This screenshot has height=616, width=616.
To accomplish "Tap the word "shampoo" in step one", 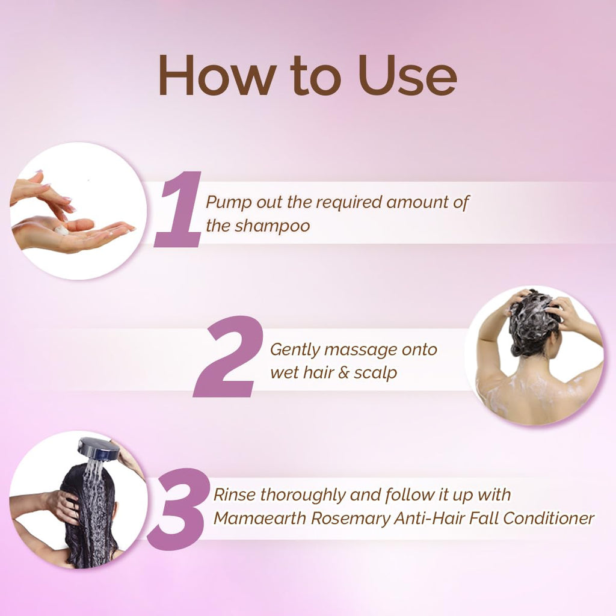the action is click(x=273, y=227).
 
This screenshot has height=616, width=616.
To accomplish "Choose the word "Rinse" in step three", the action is click(x=234, y=495).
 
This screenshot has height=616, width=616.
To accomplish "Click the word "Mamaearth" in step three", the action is click(x=260, y=519).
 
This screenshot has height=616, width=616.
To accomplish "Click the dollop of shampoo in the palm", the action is click(x=62, y=230).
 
